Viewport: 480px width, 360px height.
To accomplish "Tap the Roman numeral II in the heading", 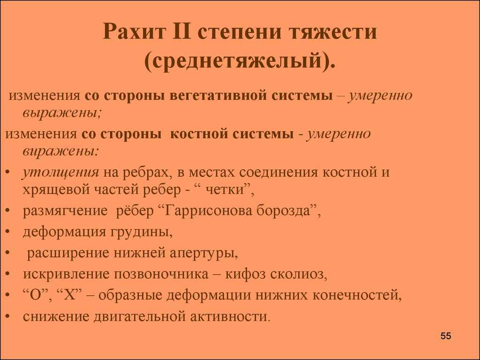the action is (x=182, y=31).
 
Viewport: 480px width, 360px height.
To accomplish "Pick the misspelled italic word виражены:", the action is (x=60, y=151).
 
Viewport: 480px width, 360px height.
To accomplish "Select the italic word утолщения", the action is (x=60, y=173).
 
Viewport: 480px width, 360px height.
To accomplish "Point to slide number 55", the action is (x=446, y=336).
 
